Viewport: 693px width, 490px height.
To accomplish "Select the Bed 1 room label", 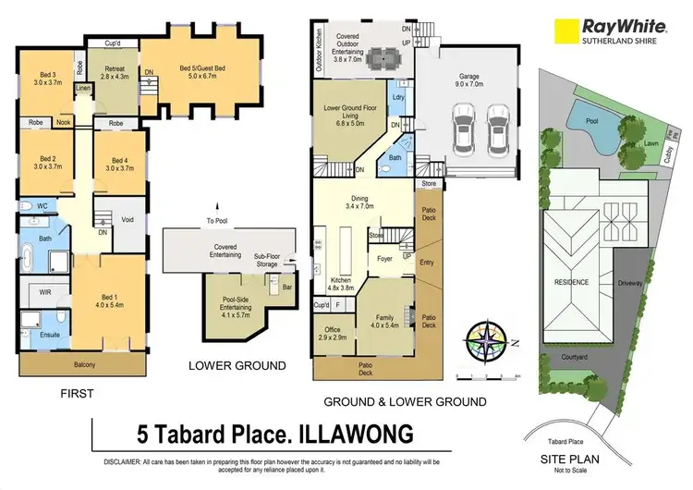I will [x=108, y=294].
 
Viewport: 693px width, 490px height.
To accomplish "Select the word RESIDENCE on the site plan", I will [x=571, y=282].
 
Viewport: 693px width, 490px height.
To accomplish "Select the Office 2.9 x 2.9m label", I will [x=332, y=331].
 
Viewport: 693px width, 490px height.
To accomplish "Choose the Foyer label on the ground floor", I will [x=383, y=260].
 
